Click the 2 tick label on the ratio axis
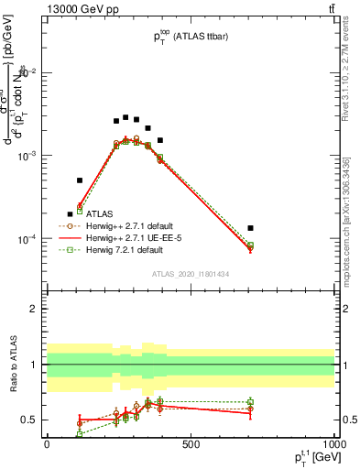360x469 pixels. point(33,309)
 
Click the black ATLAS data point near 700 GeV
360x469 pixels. point(250,227)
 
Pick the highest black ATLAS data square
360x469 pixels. point(125,117)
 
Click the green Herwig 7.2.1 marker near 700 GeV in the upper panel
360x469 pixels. point(250,245)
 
